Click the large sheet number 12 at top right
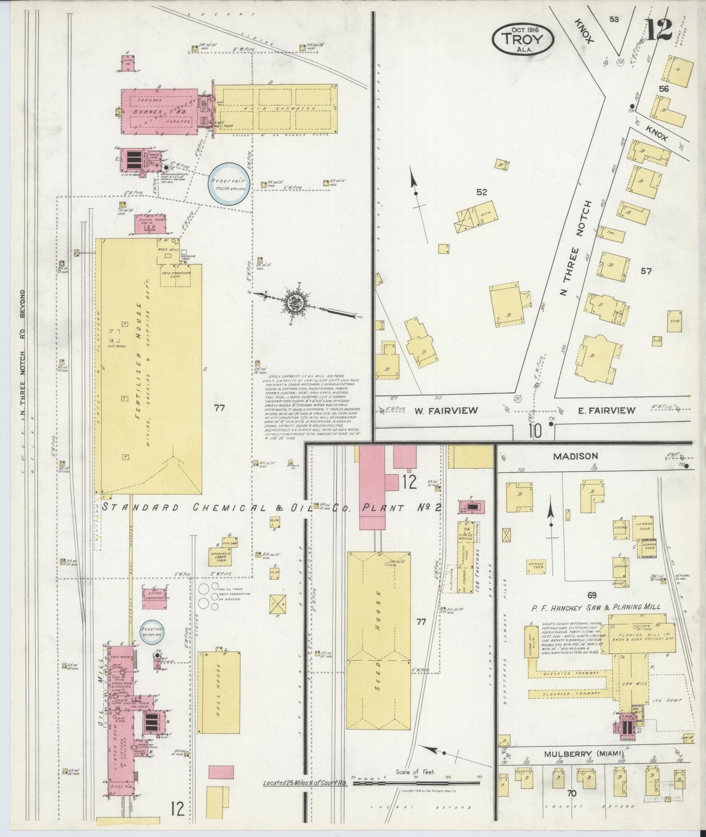click(660, 29)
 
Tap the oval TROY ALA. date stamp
click(523, 39)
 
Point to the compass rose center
click(295, 303)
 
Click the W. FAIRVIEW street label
click(446, 410)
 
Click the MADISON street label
click(575, 456)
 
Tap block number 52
click(482, 192)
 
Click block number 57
click(646, 272)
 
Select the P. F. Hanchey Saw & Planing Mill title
click(596, 607)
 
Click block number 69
click(592, 595)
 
